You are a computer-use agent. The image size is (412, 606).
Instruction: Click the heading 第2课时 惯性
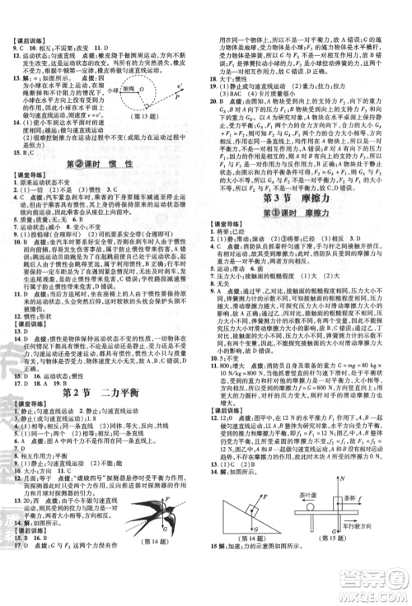104,166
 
